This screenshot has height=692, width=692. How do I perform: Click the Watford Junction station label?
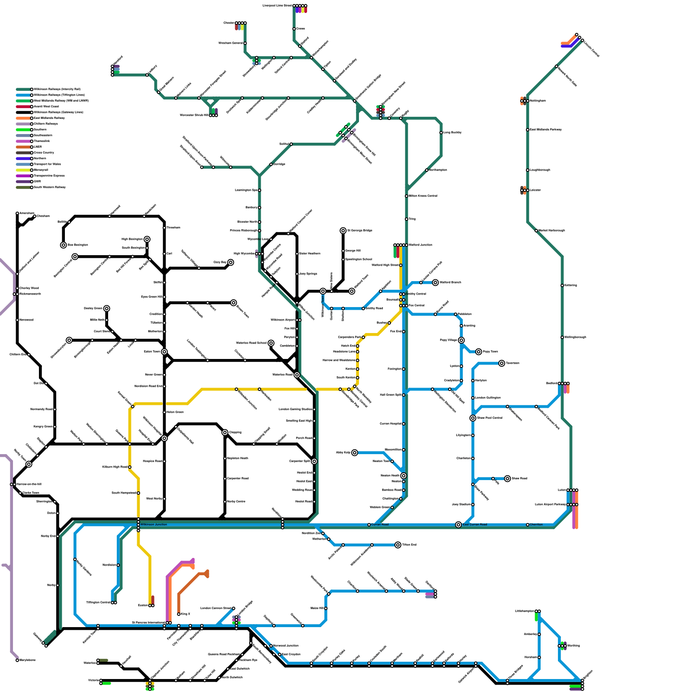[x=420, y=245]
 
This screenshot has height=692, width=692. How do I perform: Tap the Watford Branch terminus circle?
[x=436, y=282]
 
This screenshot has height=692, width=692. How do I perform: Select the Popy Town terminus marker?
[x=478, y=352]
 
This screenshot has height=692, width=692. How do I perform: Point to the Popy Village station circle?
[x=461, y=340]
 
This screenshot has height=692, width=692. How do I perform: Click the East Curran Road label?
[x=475, y=525]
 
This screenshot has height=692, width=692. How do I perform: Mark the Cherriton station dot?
[x=528, y=525]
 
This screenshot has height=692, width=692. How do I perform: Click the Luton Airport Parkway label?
[x=550, y=504]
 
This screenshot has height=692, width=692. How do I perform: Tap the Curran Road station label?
[x=380, y=525]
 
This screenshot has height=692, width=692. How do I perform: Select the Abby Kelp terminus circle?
[x=355, y=452]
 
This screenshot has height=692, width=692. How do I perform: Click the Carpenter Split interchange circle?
[x=314, y=461]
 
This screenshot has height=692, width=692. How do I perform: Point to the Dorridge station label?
[x=279, y=164]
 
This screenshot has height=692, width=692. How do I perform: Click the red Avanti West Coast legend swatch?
[x=23, y=106]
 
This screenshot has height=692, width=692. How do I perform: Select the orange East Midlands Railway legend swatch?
[x=23, y=118]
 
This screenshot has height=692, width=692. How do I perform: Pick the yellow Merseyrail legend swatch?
[x=23, y=170]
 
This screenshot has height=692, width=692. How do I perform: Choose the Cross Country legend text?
[x=44, y=153]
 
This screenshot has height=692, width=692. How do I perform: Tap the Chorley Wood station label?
[x=29, y=288]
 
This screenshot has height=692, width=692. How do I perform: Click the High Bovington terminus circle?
[x=147, y=239]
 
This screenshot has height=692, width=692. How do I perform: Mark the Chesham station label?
[x=43, y=216]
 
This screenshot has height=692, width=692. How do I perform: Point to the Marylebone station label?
[x=27, y=660]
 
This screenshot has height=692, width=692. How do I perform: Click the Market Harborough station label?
[x=551, y=231]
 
